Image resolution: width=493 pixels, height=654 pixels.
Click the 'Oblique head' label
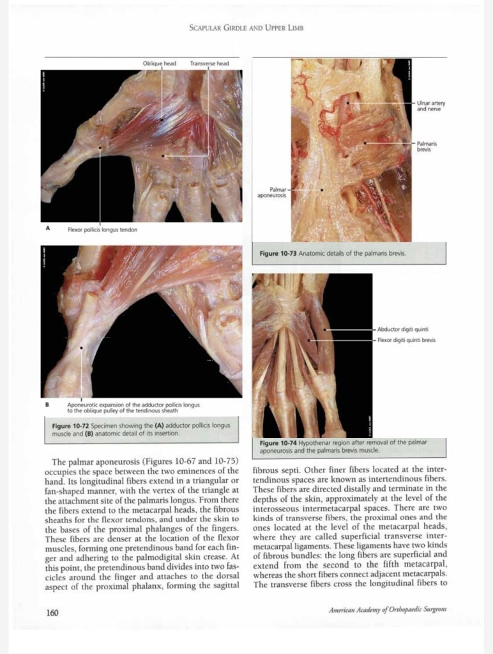pos(160,63)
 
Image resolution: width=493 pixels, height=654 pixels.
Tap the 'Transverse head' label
pos(209,63)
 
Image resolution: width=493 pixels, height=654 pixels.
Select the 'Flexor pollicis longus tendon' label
pos(102,229)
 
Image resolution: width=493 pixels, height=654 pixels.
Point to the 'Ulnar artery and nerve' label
pos(431,105)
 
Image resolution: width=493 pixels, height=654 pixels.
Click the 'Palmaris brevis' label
pos(427,146)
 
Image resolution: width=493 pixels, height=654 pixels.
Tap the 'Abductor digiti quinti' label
pos(402,329)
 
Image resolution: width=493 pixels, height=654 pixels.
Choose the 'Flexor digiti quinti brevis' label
pos(406,340)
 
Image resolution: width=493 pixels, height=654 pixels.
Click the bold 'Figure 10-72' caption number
pos(71,425)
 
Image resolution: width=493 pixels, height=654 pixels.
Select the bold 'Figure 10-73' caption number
pos(278,254)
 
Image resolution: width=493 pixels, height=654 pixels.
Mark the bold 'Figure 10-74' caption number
pos(278,442)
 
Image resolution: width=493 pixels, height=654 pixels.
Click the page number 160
pos(52,612)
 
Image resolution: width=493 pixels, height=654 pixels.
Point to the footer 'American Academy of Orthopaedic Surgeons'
pos(388,609)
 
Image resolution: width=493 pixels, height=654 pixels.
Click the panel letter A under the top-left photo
pos(48,227)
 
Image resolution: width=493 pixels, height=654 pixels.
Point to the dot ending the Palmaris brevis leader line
pos(365,143)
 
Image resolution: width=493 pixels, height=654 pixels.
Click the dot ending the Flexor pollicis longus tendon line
pos(100,148)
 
